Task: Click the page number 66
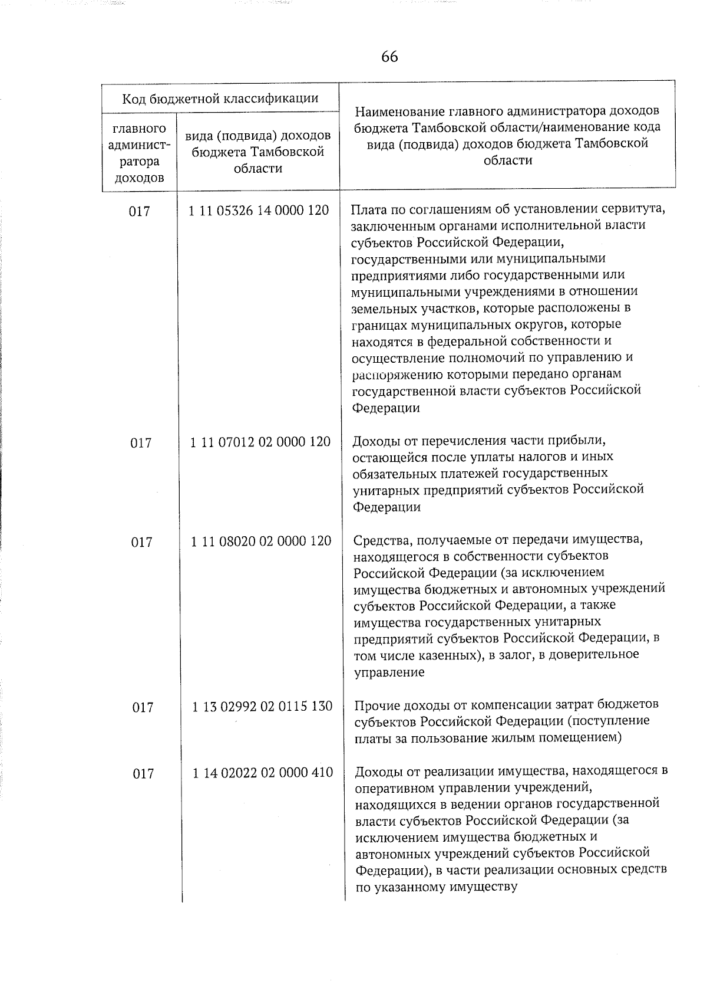click(389, 57)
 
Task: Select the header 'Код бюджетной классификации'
click(220, 99)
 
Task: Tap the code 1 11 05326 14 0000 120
click(259, 210)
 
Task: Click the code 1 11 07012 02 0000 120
click(260, 442)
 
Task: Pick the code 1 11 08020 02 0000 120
click(261, 541)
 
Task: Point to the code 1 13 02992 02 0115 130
click(262, 706)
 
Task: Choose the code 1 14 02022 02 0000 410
click(263, 772)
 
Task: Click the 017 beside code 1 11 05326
click(140, 211)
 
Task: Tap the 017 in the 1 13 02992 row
click(143, 707)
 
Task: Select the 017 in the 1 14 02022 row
click(143, 773)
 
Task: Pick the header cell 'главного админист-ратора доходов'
click(139, 153)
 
